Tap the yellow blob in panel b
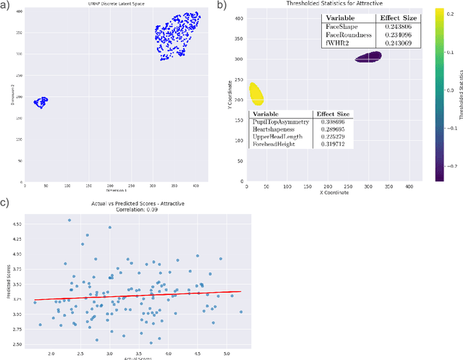[x=255, y=93]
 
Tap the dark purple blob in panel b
[x=368, y=57]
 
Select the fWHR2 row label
[x=336, y=43]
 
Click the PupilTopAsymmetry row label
[x=280, y=123]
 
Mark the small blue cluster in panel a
[x=40, y=102]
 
